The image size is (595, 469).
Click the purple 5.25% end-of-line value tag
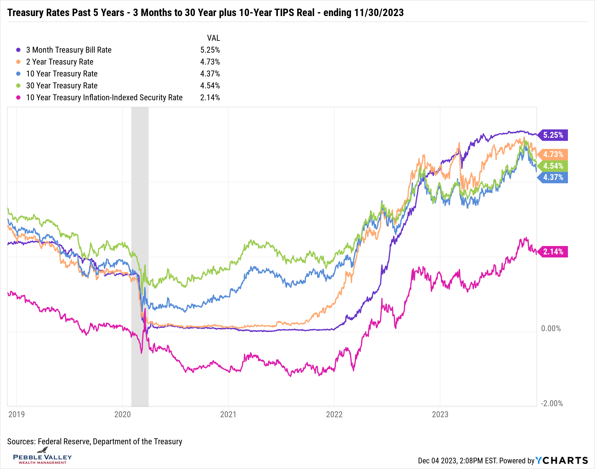(553, 135)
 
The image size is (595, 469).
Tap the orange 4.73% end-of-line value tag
(553, 154)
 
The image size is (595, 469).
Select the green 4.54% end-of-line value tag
(553, 166)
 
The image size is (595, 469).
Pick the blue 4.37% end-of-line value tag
(553, 177)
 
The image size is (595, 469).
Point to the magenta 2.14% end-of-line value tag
(553, 252)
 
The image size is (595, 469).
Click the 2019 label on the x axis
(17, 414)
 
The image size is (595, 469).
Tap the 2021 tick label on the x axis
(228, 414)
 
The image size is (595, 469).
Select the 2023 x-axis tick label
(440, 414)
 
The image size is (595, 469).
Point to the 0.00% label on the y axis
(551, 329)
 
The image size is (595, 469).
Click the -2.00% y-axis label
(552, 404)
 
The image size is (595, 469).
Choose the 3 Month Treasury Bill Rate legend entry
(69, 50)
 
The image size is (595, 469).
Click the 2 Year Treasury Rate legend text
(60, 62)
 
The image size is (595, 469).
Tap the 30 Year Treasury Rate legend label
(62, 86)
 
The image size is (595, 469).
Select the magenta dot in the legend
(18, 98)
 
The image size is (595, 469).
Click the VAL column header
(213, 38)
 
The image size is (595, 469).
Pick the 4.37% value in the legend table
(210, 74)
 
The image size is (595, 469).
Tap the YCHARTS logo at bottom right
(562, 460)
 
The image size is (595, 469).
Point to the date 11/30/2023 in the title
(379, 13)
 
